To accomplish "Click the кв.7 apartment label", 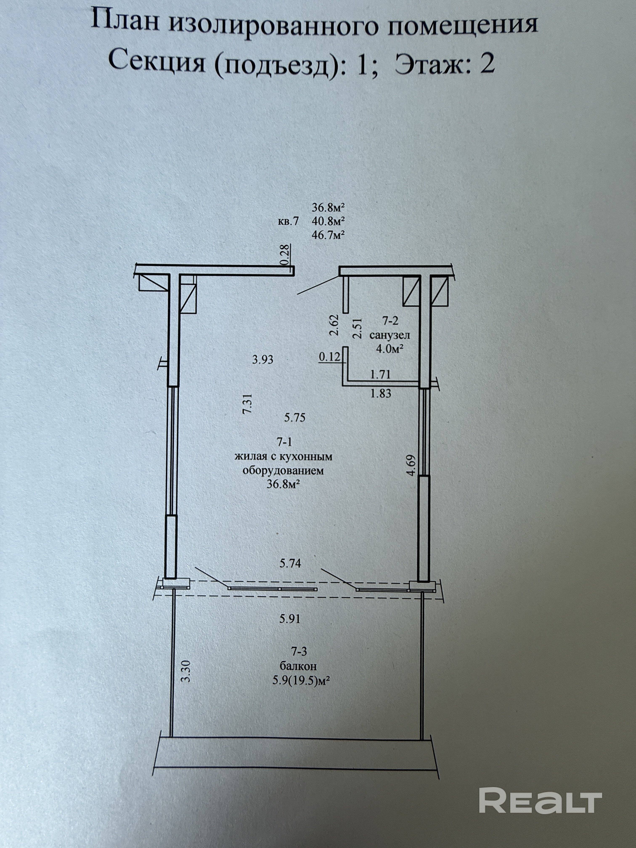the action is click(288, 222).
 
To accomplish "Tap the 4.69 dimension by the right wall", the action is click(411, 465).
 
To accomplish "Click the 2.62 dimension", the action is click(334, 325).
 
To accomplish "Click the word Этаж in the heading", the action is click(428, 64).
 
